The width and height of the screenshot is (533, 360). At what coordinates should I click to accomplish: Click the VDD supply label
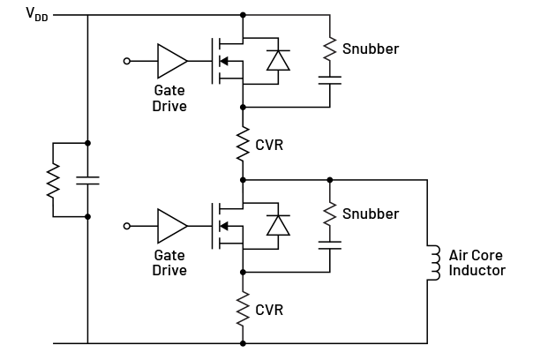(36, 14)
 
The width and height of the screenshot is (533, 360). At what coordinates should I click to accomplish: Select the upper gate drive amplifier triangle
(171, 61)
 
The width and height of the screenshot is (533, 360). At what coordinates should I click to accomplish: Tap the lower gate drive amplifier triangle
(171, 226)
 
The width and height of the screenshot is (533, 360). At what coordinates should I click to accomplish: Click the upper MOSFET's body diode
(279, 60)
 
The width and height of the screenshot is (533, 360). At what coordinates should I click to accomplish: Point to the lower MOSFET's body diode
(279, 225)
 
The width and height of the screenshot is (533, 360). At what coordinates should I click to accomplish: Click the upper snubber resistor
(329, 49)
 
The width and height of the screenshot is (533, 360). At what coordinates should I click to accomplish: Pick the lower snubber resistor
(329, 214)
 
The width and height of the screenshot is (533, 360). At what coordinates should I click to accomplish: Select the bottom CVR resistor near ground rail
(243, 309)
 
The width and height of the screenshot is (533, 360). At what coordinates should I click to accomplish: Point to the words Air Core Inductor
(477, 263)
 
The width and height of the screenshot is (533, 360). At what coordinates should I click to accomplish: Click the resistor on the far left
(54, 180)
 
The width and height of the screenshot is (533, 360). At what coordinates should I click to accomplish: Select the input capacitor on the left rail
(87, 180)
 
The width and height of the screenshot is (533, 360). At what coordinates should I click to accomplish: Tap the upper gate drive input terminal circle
(127, 61)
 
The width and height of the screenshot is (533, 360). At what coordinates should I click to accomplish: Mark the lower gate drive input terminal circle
(127, 226)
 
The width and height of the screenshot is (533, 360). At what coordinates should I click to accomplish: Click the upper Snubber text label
(371, 49)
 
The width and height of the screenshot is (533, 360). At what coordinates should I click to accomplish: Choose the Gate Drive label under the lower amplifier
(169, 263)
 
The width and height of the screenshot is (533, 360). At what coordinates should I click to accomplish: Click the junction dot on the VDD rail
(243, 14)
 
